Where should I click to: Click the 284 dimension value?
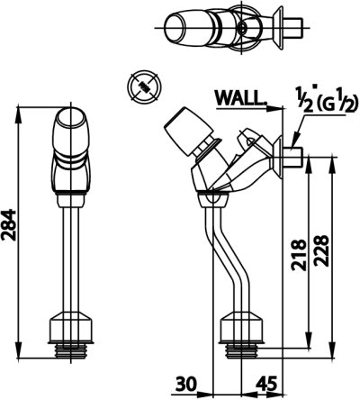[9, 225]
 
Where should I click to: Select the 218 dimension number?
[299, 255]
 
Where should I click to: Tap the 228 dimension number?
[321, 250]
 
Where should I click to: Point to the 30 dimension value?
[186, 385]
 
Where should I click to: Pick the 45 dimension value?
[265, 385]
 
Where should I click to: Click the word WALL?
[241, 97]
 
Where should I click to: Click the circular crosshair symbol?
[144, 87]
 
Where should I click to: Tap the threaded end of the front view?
[71, 350]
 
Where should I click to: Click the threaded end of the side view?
[241, 350]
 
